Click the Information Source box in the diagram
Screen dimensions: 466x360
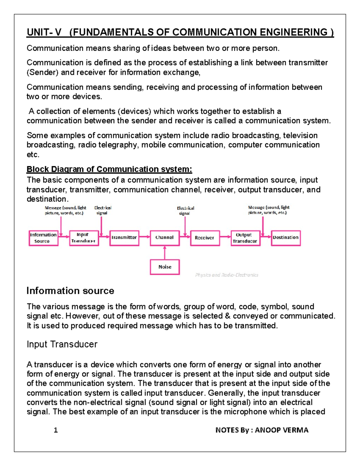[43, 238]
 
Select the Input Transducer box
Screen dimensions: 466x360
[84, 238]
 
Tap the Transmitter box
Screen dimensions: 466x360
[124, 238]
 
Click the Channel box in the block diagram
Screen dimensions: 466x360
[164, 238]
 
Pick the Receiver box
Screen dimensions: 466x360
[205, 238]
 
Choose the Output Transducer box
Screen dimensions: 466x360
[245, 238]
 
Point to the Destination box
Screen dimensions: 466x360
[286, 238]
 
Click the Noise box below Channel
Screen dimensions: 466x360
[165, 267]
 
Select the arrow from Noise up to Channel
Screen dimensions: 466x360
[164, 253]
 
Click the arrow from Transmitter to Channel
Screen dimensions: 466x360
[144, 237]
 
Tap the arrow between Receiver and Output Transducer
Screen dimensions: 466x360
[225, 237]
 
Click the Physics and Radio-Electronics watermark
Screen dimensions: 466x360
[226, 275]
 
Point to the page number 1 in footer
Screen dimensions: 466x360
[55, 430]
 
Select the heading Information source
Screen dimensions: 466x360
[70, 291]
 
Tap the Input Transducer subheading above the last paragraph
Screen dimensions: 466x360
[62, 344]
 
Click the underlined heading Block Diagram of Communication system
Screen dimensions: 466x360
[109, 169]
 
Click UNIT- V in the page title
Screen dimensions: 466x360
[44, 32]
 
